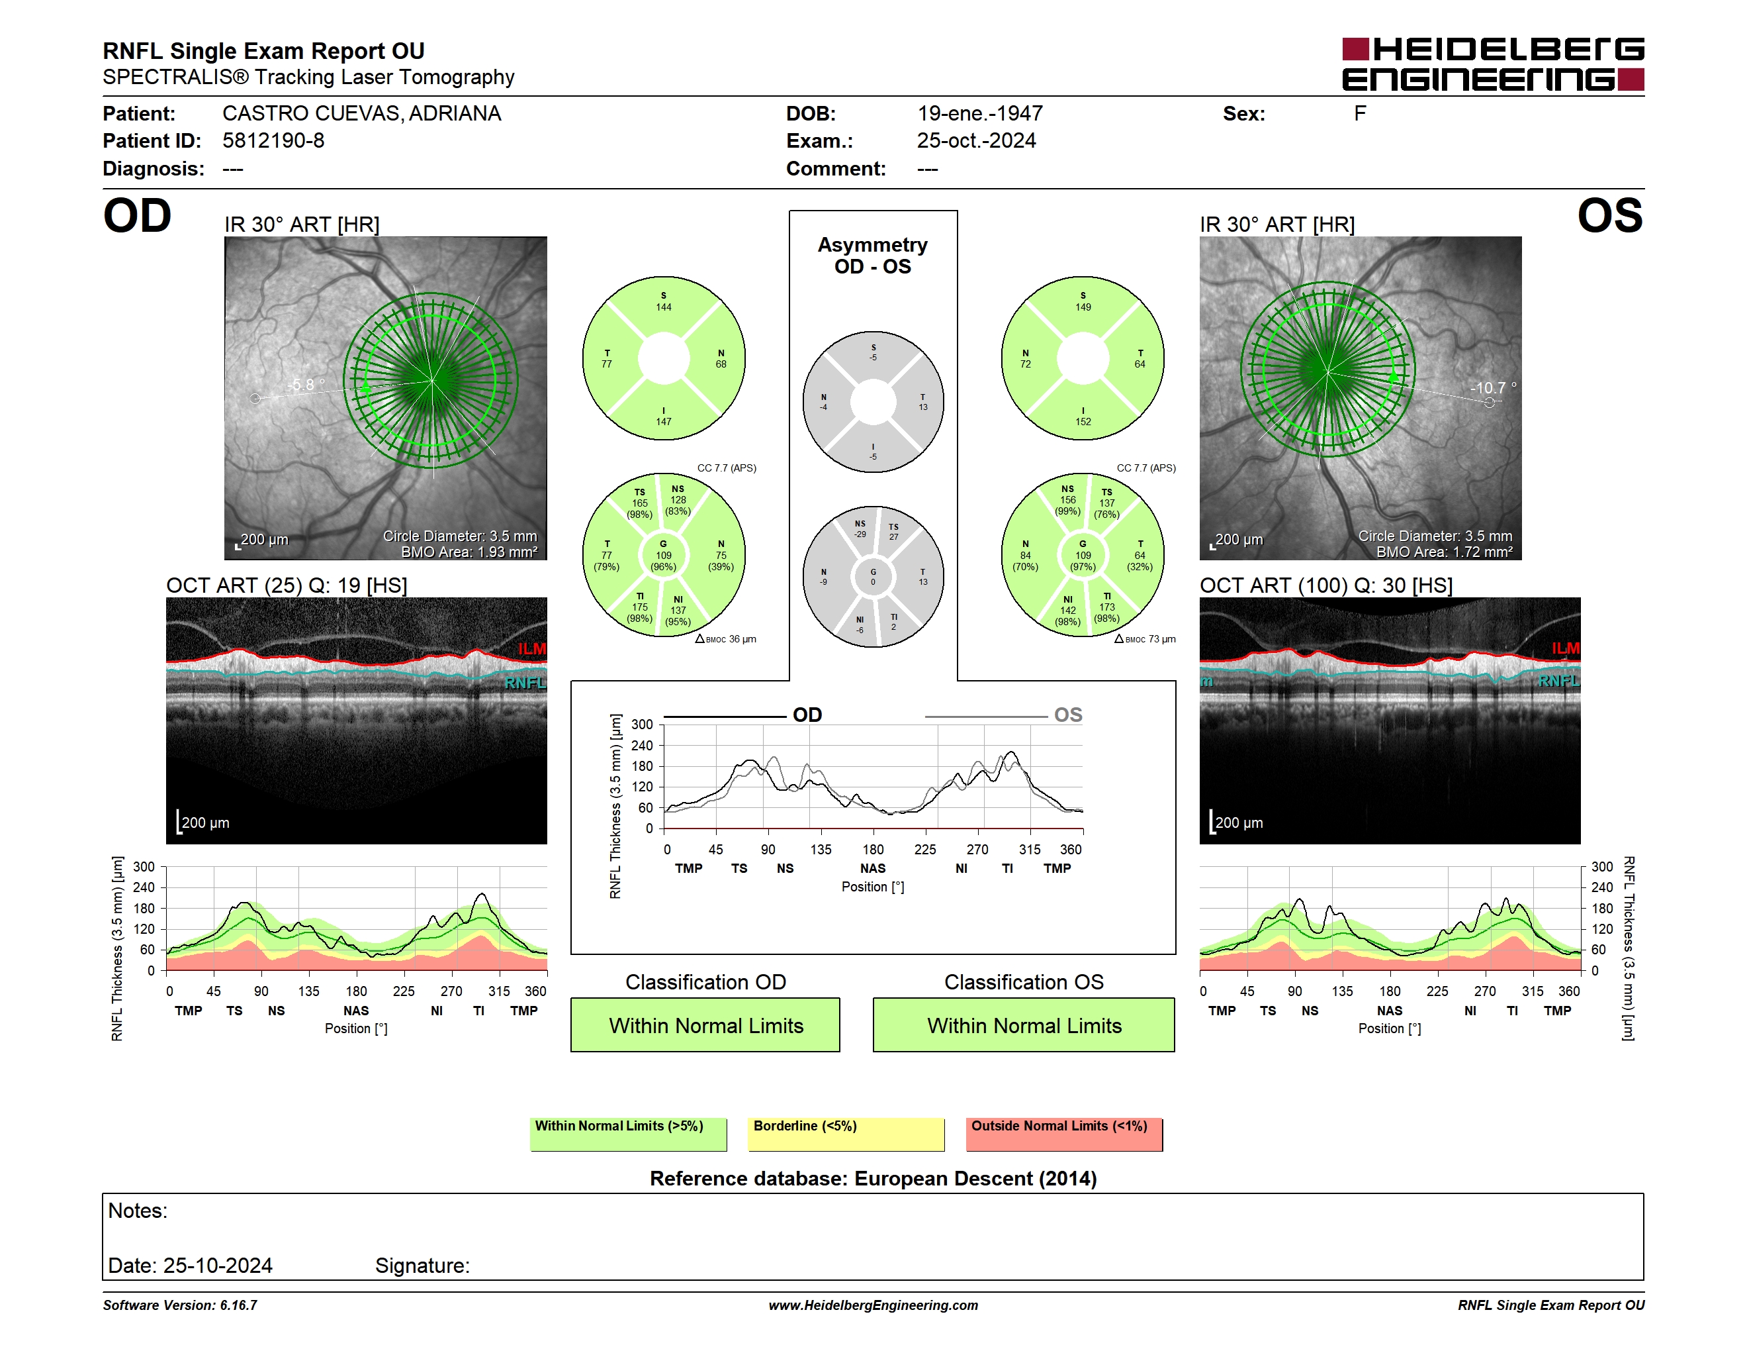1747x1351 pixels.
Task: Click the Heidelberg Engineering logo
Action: [1493, 64]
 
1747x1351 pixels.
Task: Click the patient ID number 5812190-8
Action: [273, 141]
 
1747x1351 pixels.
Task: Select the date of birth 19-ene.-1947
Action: [980, 114]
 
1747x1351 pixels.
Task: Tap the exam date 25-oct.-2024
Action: [976, 141]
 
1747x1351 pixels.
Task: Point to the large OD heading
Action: [137, 216]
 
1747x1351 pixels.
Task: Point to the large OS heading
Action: [1609, 216]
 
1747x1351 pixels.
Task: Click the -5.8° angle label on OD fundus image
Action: [306, 384]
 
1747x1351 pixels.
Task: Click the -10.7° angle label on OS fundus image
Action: [1493, 387]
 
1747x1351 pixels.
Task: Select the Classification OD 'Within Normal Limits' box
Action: [705, 1025]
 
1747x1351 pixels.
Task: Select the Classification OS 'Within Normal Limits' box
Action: [1024, 1025]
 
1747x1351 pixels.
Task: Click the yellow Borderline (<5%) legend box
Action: [846, 1134]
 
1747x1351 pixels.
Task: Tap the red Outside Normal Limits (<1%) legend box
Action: [1064, 1134]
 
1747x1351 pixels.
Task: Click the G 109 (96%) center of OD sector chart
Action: [663, 555]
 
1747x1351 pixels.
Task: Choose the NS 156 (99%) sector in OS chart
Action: [1068, 499]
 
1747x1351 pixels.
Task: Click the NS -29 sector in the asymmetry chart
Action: [860, 529]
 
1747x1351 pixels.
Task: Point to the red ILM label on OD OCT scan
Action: [532, 648]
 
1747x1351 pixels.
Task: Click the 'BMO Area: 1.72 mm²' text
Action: [1444, 552]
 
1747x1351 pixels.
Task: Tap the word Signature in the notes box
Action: [422, 1266]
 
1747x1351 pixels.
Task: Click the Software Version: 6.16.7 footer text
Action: [180, 1305]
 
